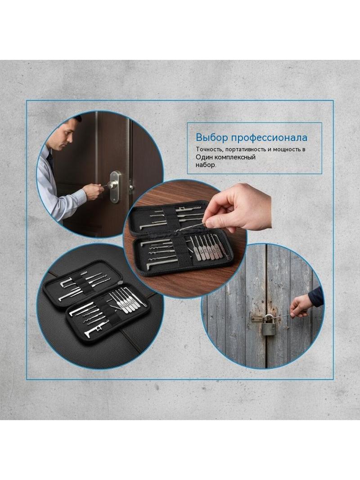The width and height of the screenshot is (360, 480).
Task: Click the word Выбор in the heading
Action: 211,137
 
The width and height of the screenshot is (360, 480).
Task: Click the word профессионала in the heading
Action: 269,138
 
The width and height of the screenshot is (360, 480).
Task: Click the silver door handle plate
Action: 115,187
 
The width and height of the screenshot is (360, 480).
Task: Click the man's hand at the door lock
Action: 94,192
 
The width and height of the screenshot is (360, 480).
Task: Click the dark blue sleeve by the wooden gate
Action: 315,297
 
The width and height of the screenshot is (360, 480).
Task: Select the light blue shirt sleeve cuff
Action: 80,195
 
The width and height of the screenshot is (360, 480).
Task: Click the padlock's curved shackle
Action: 269,318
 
